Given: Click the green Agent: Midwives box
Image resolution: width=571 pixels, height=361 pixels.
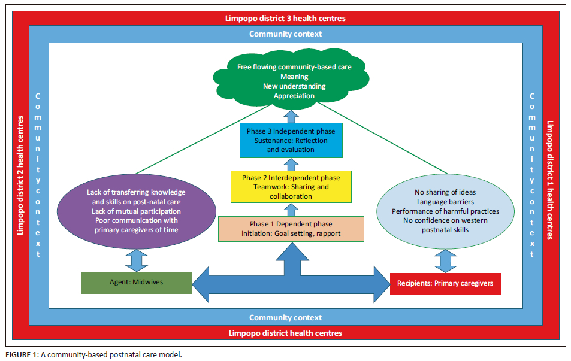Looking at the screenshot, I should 136,283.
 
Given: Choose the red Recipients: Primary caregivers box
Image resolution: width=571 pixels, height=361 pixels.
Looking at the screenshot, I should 445,283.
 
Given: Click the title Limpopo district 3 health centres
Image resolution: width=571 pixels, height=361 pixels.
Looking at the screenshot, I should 285,19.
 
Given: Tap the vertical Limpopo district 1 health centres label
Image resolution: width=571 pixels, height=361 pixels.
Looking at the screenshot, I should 549,180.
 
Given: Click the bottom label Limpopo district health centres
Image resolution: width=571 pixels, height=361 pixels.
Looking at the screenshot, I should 285,332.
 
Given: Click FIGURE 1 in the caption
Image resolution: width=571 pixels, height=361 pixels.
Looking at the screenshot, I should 22,354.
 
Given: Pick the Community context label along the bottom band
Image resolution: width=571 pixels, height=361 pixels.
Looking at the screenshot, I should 285,317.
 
